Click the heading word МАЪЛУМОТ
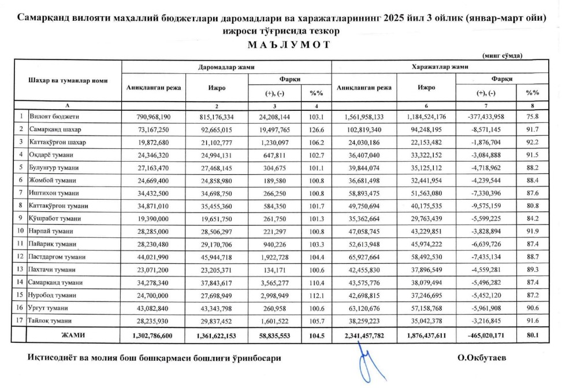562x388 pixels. (x=281, y=46)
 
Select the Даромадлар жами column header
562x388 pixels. (x=226, y=68)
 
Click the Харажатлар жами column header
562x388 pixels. (x=439, y=68)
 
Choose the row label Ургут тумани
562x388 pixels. (x=51, y=308)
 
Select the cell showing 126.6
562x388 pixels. (x=316, y=129)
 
